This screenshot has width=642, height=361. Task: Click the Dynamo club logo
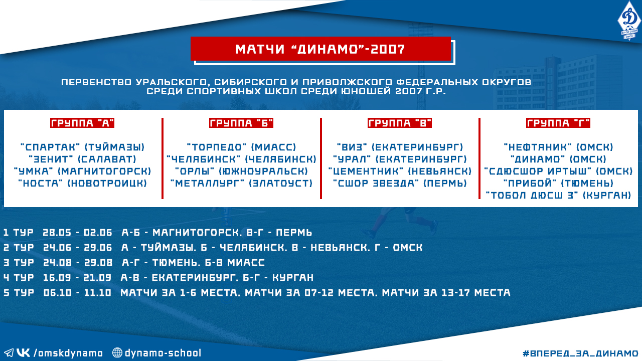click(629, 21)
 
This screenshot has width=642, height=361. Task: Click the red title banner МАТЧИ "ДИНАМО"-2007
click(320, 49)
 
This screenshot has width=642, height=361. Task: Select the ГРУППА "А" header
click(82, 123)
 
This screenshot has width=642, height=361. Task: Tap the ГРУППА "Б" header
click(241, 123)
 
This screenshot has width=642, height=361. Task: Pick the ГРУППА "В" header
click(400, 123)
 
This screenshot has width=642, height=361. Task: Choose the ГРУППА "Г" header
click(558, 123)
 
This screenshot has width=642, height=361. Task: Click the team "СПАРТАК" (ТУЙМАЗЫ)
click(83, 147)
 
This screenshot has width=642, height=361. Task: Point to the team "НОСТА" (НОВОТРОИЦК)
click(83, 184)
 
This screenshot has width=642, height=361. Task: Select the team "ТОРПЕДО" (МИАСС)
click(241, 147)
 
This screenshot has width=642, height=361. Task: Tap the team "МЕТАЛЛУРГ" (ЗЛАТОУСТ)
click(241, 184)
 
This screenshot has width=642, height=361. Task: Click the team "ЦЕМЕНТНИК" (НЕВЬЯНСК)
click(400, 171)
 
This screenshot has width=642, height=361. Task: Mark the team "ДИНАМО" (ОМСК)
click(558, 159)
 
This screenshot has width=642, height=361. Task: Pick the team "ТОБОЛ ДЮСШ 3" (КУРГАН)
click(558, 196)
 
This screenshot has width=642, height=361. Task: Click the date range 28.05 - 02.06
click(77, 232)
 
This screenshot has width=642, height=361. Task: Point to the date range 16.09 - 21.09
click(77, 277)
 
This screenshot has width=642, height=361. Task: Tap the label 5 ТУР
click(19, 292)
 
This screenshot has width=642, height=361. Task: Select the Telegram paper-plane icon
click(9, 352)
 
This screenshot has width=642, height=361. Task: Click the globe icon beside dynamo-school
click(117, 352)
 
